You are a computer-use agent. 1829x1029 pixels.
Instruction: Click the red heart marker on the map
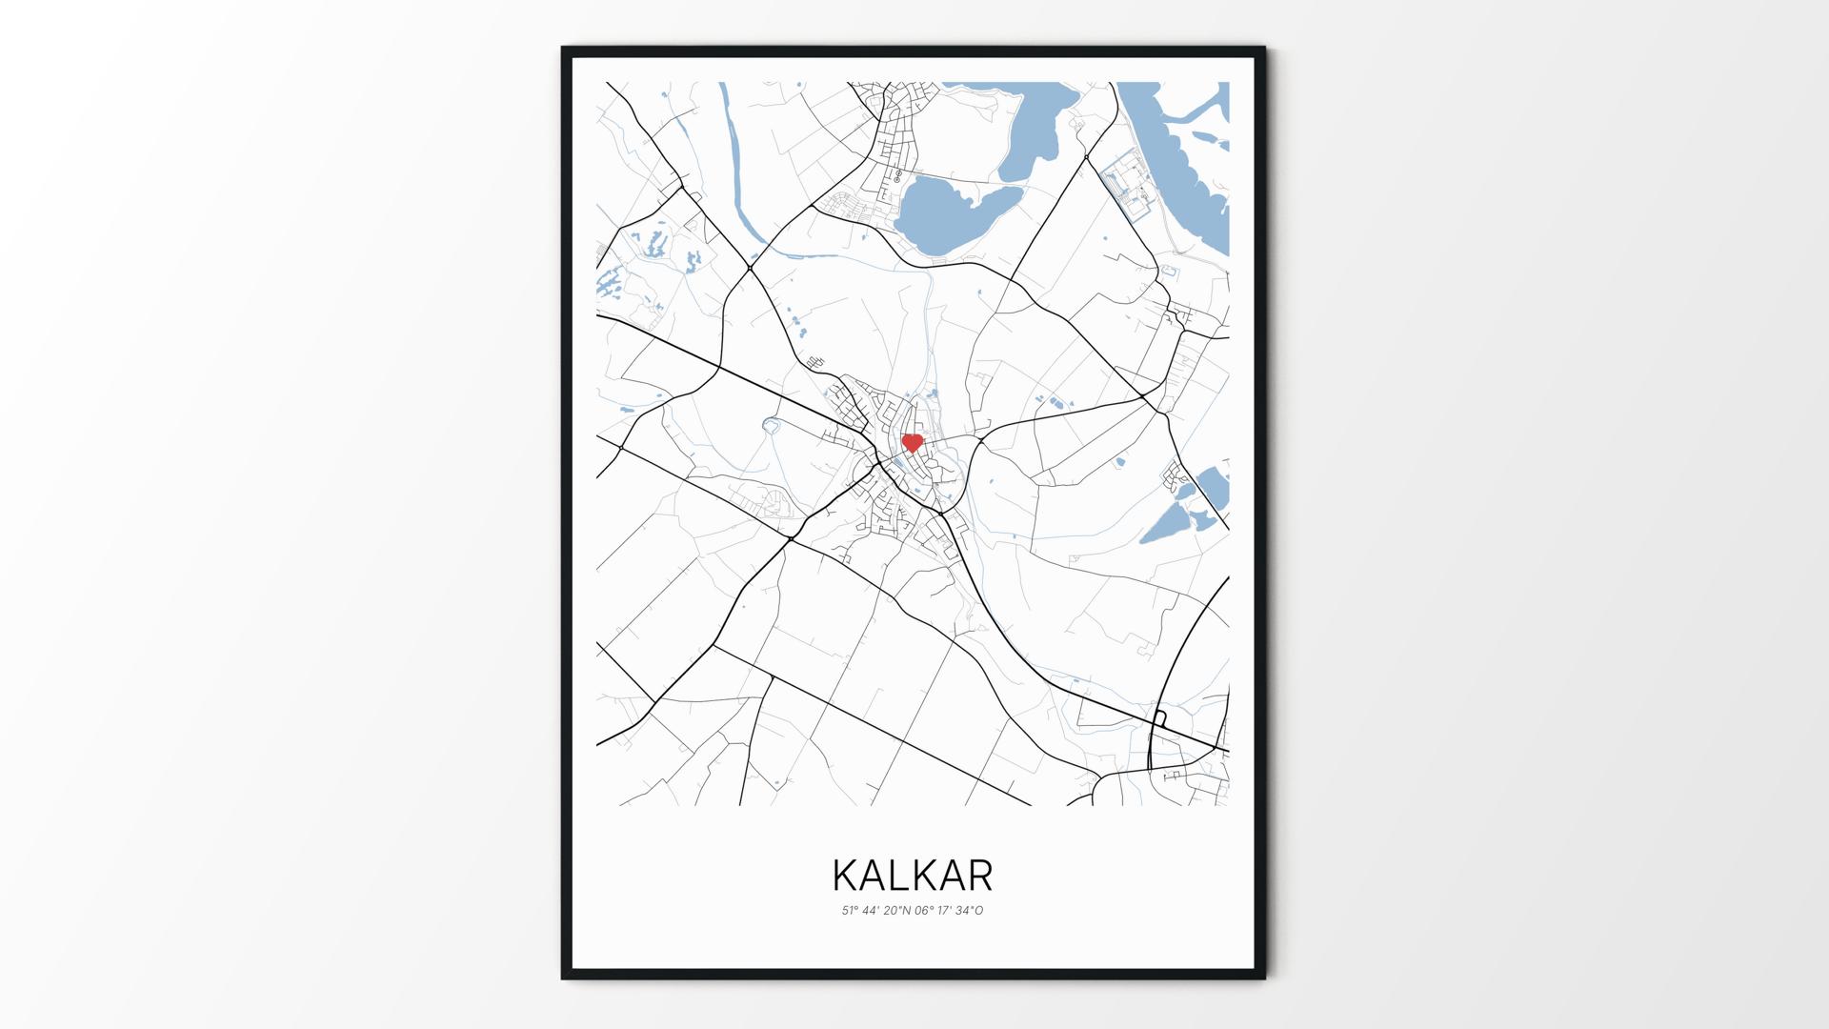pos(913,443)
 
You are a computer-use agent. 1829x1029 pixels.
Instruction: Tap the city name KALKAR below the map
pos(913,875)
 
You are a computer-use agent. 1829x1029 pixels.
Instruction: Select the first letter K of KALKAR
pos(844,875)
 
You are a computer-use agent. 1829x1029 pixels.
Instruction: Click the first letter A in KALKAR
pos(873,875)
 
